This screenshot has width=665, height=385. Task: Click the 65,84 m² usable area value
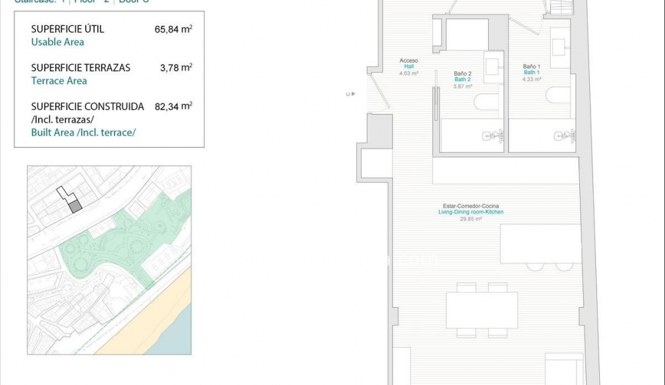tap(173, 29)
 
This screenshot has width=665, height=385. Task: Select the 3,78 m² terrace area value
tap(176, 68)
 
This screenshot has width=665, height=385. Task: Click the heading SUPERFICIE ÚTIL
tap(67, 29)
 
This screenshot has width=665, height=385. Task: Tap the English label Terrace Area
tap(59, 81)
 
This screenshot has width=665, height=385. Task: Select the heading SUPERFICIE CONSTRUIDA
tap(87, 107)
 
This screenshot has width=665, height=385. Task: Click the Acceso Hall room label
tap(408, 64)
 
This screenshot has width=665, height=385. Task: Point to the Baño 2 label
tap(462, 74)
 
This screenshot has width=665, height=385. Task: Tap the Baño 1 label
tap(531, 67)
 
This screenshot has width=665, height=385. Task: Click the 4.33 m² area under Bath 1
tap(531, 79)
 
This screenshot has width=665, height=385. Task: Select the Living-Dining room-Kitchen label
tap(471, 212)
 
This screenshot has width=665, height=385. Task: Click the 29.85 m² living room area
tap(471, 218)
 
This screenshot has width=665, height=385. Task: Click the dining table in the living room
tap(481, 310)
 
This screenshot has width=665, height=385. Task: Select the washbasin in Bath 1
tap(561, 47)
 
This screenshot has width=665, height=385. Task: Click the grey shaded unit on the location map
tap(76, 206)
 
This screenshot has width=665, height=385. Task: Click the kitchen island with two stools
tap(541, 244)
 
